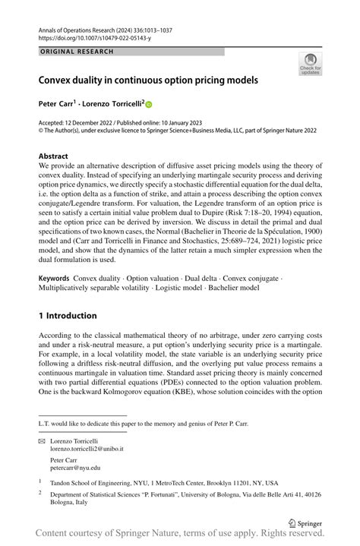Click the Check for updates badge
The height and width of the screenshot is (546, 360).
[x=309, y=64]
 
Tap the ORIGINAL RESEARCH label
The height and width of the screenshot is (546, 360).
[x=77, y=52]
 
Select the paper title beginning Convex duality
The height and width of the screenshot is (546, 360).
[x=149, y=80]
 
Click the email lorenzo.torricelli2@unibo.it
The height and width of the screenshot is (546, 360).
[x=87, y=449]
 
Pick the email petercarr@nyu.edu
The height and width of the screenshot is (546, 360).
[x=74, y=469]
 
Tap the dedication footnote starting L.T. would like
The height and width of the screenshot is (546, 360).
[x=142, y=423]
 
